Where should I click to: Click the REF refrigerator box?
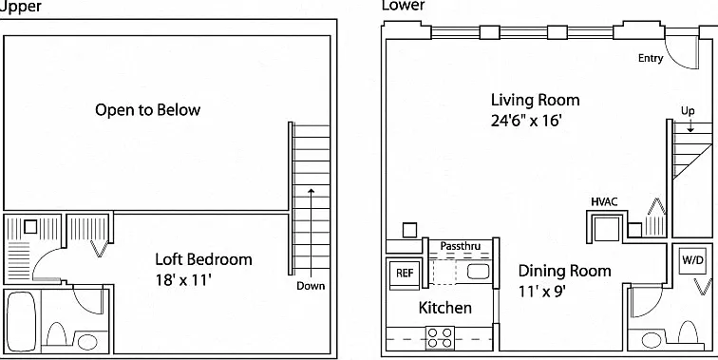(x=405, y=274)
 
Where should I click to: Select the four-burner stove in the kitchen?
(x=440, y=338)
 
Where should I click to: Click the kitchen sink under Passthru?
(x=478, y=272)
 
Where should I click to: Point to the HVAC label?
(x=604, y=202)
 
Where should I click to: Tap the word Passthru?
(x=461, y=246)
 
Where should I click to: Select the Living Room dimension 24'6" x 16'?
(x=526, y=121)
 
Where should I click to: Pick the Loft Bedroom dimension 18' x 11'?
(x=183, y=280)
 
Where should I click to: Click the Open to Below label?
(x=147, y=110)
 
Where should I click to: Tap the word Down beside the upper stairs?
(x=311, y=286)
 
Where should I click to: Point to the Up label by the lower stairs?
(x=688, y=111)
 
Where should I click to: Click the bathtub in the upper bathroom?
(x=22, y=321)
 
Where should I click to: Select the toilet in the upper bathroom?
(x=56, y=334)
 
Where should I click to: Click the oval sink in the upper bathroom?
(x=87, y=342)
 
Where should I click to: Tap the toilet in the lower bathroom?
(x=688, y=332)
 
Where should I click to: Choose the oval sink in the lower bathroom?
(x=652, y=340)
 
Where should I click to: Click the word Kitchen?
(x=445, y=308)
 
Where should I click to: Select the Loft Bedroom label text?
(x=204, y=259)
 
